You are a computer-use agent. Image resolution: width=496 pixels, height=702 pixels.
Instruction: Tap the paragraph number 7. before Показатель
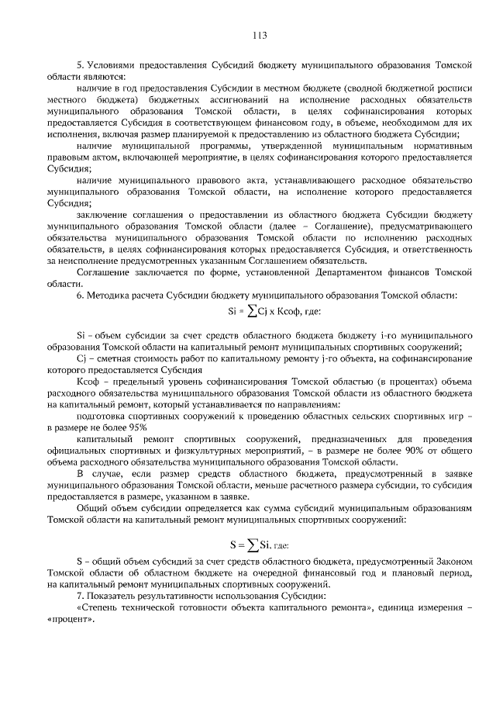point(79,595)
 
